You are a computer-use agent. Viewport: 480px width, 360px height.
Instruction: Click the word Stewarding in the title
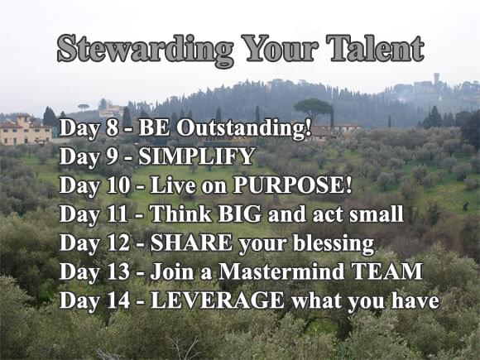[x=146, y=50]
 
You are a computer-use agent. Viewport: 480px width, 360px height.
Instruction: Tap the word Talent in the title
[x=375, y=48]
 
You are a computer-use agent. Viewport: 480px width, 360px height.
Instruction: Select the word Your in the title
[x=280, y=48]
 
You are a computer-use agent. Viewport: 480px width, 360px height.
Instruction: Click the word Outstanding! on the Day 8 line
[x=243, y=128]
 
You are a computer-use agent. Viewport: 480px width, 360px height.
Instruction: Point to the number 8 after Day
[x=113, y=127]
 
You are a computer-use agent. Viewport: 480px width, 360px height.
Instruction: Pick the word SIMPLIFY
[x=197, y=156]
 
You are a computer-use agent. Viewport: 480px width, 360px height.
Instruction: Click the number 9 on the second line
[x=113, y=156]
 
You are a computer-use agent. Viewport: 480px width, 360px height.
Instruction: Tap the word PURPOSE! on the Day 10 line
[x=292, y=185]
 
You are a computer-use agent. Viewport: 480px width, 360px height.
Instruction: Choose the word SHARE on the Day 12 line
[x=191, y=242]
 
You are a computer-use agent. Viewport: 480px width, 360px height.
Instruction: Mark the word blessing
[x=334, y=244]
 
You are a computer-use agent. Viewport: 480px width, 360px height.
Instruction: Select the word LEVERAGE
[x=218, y=300]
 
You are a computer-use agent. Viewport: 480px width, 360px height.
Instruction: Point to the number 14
[x=118, y=300]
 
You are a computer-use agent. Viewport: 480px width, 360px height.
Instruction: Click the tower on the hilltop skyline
[x=436, y=79]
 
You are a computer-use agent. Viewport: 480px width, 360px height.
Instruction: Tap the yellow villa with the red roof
[x=25, y=129]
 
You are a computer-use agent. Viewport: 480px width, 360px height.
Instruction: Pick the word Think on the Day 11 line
[x=180, y=214]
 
